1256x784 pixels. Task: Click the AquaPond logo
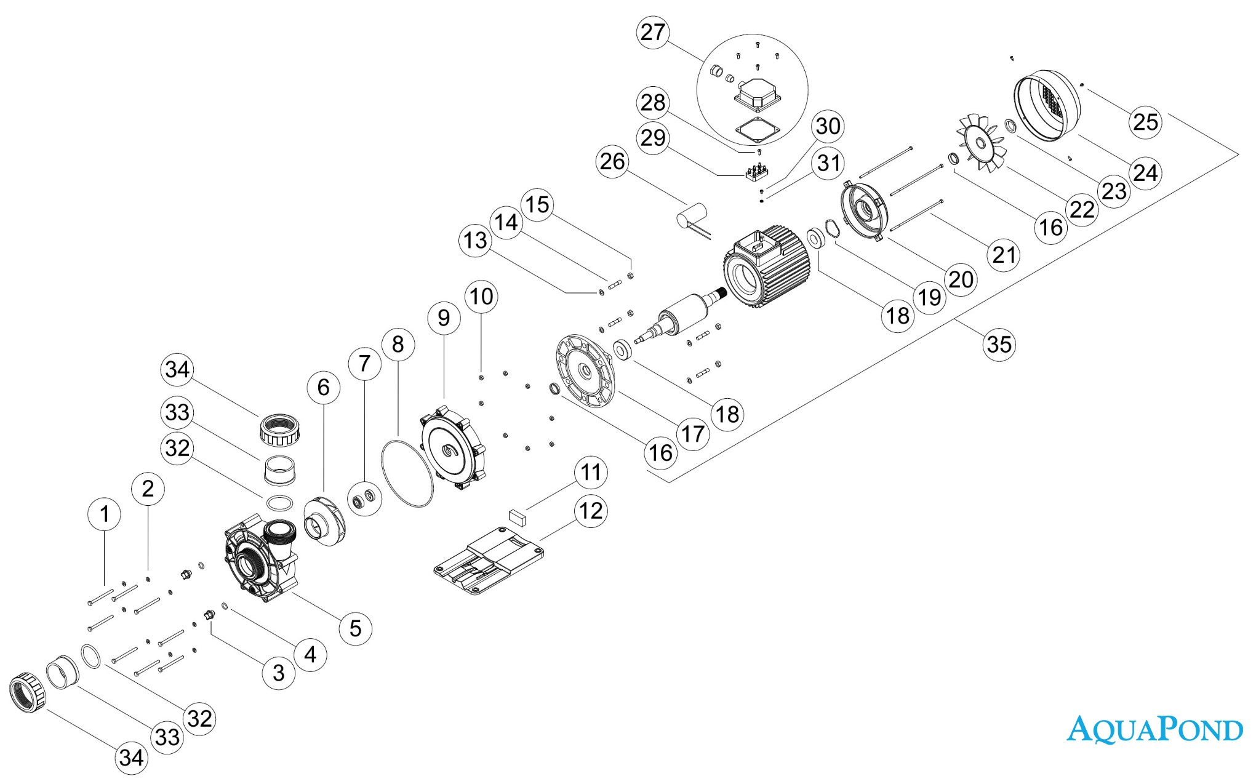(1154, 729)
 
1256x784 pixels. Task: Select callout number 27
(653, 32)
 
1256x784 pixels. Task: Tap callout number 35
(999, 343)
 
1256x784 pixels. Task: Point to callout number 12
(591, 511)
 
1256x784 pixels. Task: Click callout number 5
(356, 628)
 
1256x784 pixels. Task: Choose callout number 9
(444, 318)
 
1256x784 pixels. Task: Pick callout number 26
(612, 161)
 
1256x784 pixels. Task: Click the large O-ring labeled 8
(407, 473)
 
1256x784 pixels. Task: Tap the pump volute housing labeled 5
(261, 560)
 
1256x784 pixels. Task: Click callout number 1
(105, 514)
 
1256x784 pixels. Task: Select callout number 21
(1004, 254)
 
